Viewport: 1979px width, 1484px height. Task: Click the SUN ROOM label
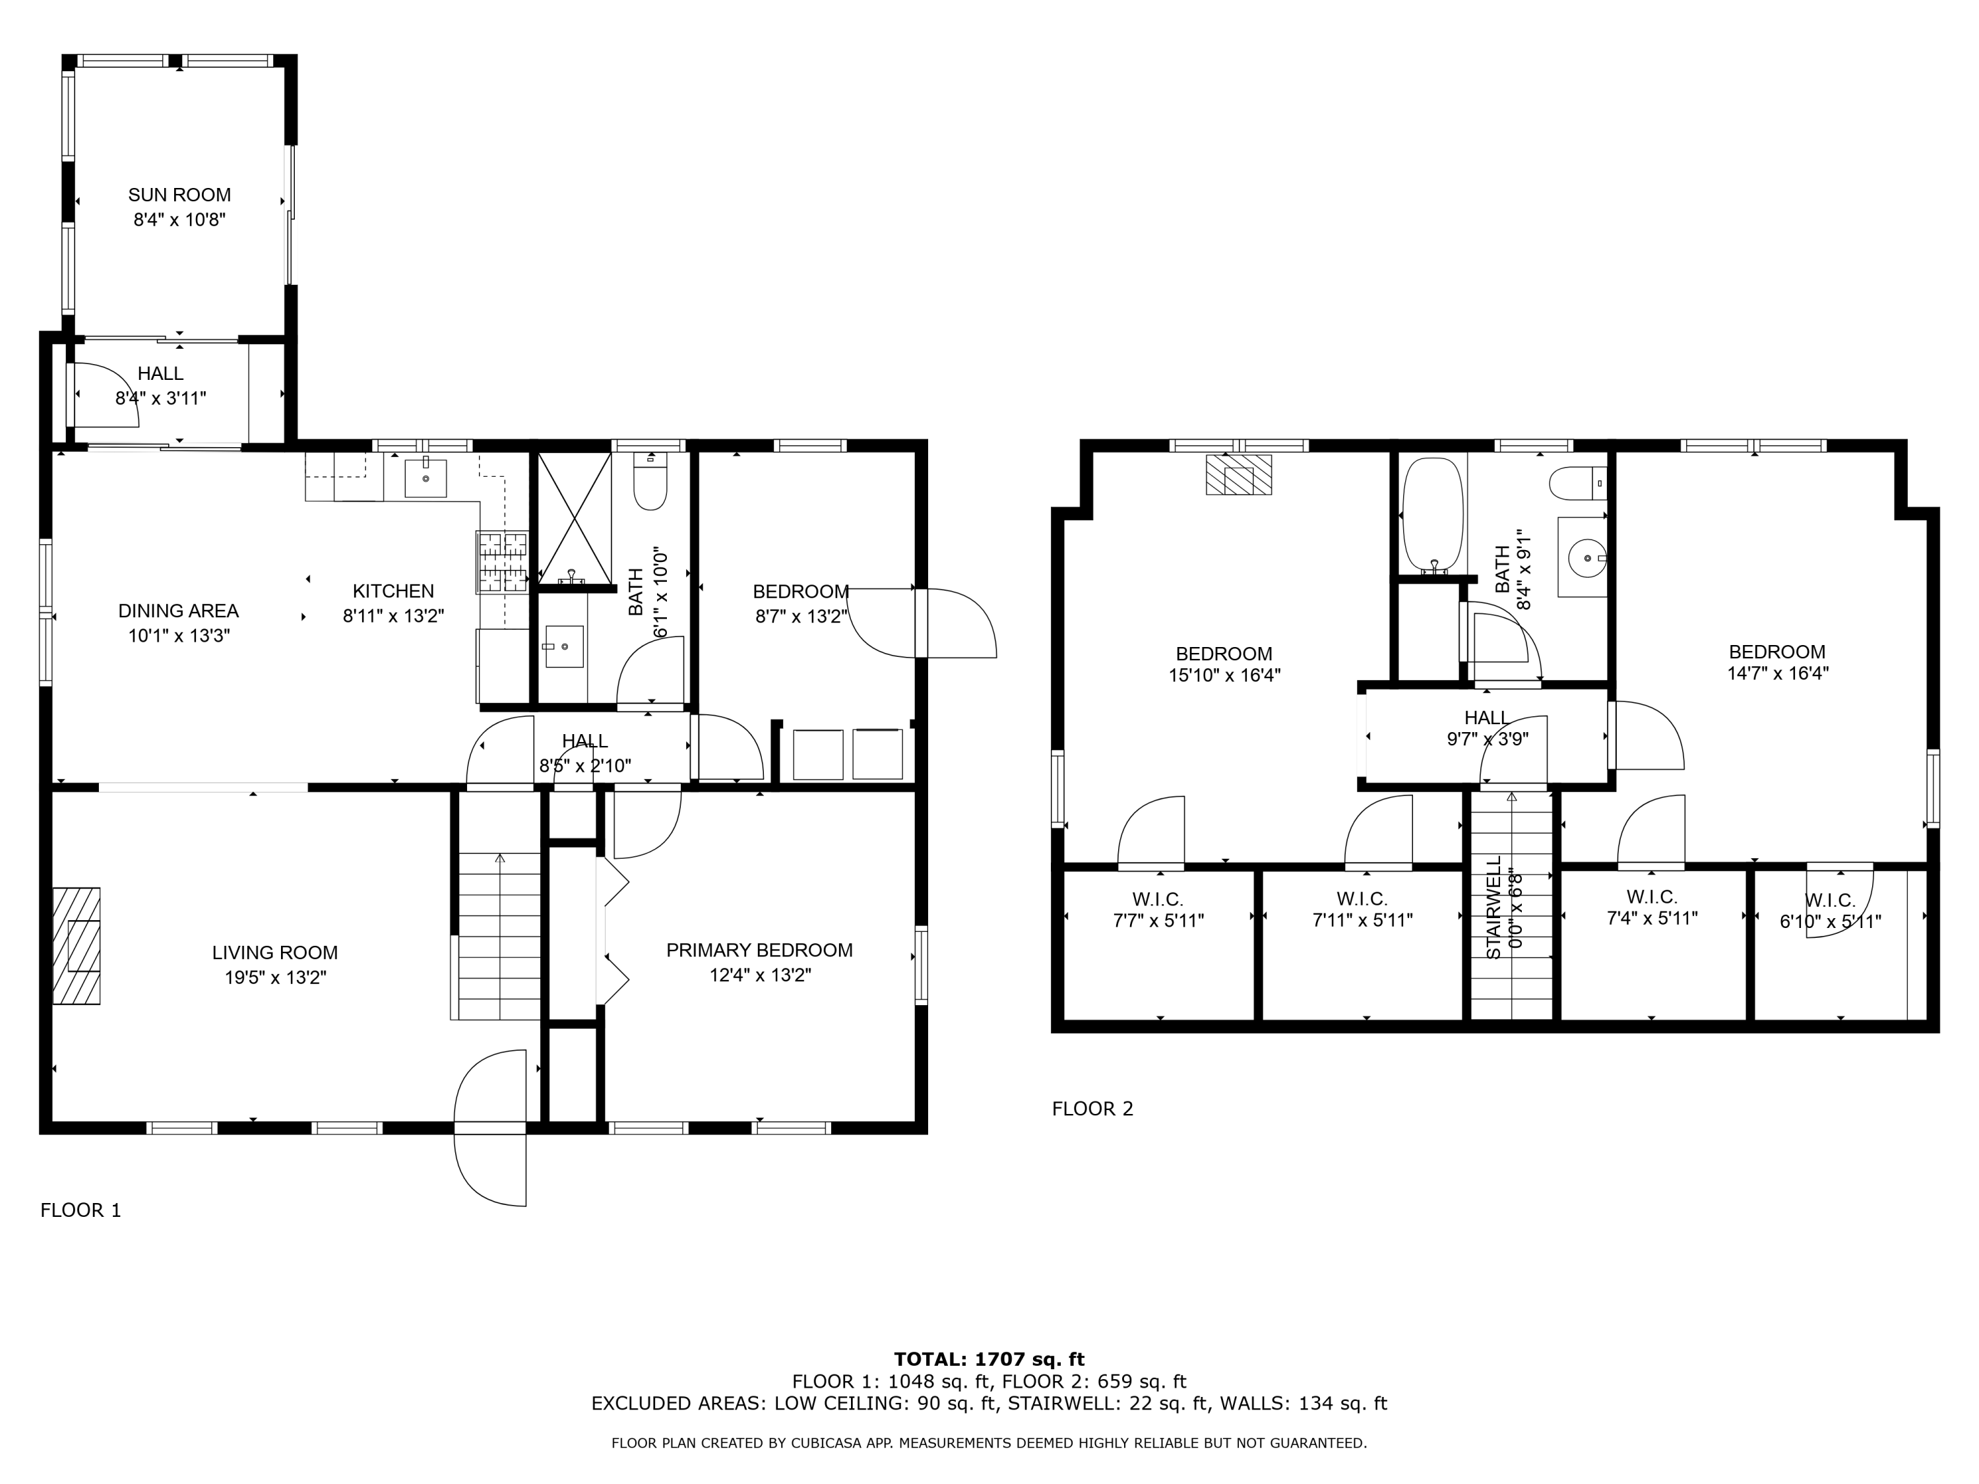click(x=179, y=195)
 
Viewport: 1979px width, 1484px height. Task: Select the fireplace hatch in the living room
click(x=76, y=946)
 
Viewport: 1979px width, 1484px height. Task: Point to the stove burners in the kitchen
click(x=502, y=563)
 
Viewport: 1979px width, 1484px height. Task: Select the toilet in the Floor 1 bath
click(x=650, y=482)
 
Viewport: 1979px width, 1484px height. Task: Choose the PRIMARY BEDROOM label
click(x=759, y=950)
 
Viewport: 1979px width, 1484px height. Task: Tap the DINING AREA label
click(x=178, y=611)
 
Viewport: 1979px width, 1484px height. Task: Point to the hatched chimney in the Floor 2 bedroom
click(x=1238, y=474)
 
